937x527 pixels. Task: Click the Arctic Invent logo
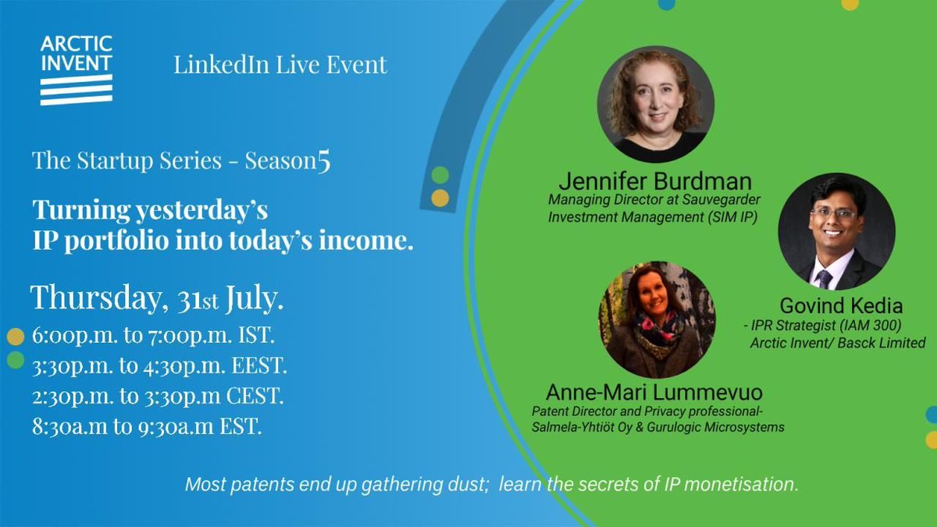[x=77, y=69]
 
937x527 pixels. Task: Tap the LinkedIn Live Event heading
[x=280, y=65]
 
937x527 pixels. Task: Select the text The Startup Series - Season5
[x=181, y=162]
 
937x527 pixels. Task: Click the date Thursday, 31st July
[x=157, y=297]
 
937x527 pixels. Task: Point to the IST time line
[x=153, y=337]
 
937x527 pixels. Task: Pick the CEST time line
[x=158, y=396]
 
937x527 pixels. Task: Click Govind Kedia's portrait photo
[x=836, y=232]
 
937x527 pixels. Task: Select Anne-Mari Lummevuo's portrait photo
[x=657, y=319]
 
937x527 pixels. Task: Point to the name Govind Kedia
[x=841, y=306]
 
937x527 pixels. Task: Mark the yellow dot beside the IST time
[x=16, y=337]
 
